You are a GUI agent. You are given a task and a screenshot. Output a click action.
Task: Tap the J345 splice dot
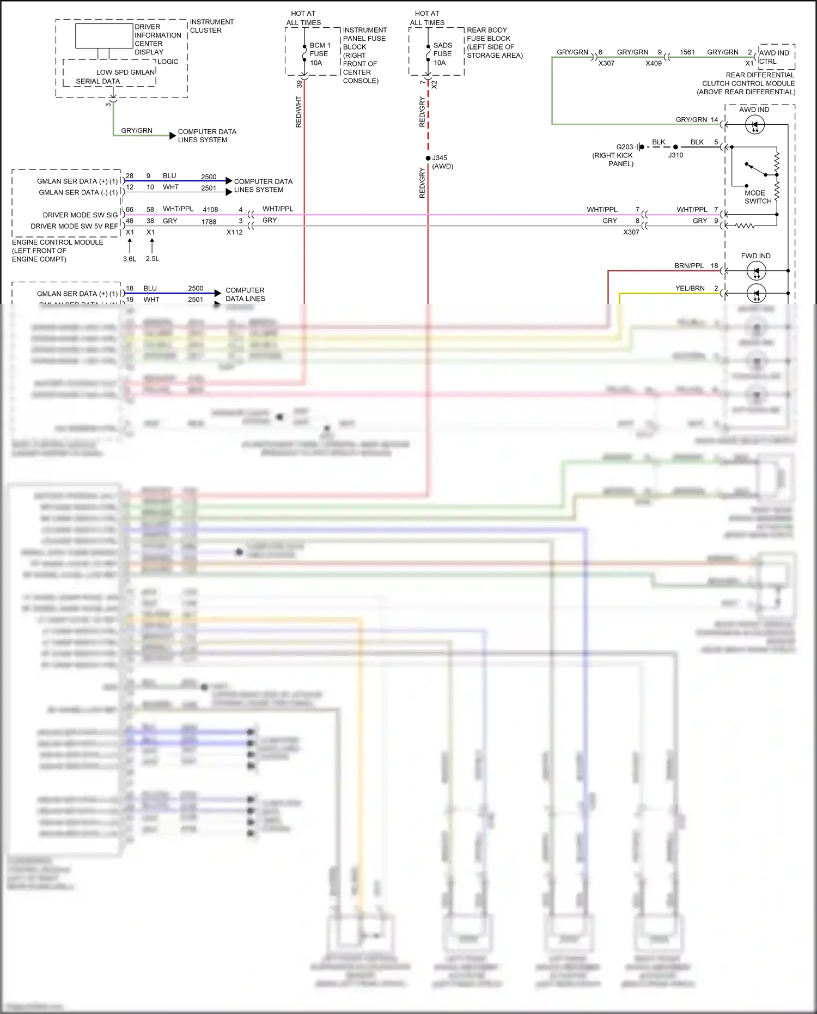click(428, 158)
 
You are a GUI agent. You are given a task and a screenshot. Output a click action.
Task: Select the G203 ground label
click(625, 147)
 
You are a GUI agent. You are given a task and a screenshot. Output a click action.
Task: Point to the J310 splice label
click(675, 155)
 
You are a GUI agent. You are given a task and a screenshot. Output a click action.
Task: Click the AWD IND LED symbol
click(755, 125)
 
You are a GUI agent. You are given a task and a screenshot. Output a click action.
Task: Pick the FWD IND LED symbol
click(756, 271)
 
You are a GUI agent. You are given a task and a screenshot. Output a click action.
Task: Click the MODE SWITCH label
click(758, 197)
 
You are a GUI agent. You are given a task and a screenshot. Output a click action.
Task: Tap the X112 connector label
click(235, 232)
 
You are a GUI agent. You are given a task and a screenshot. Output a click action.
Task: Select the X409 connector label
click(654, 63)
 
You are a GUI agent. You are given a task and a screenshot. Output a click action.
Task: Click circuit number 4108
click(210, 210)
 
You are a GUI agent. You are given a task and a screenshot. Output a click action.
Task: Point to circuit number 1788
click(209, 222)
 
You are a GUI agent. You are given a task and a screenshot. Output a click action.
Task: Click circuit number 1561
click(687, 52)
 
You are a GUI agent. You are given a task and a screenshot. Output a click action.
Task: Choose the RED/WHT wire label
click(298, 112)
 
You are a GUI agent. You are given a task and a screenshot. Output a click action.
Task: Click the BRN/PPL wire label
click(689, 266)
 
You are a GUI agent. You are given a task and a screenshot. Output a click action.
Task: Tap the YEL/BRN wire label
click(690, 288)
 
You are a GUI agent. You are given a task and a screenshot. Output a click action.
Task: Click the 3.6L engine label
click(130, 259)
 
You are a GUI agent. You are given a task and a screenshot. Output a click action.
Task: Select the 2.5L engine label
click(153, 259)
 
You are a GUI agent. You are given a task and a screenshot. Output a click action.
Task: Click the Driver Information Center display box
click(104, 37)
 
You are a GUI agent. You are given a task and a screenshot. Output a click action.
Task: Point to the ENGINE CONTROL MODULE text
click(58, 242)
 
